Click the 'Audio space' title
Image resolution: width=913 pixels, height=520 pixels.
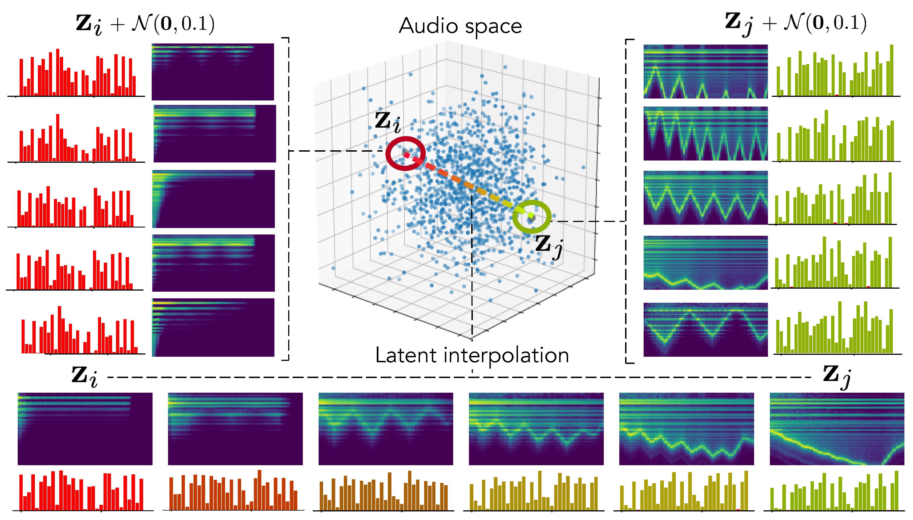(x=460, y=26)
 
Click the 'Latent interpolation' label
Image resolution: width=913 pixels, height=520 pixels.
(x=472, y=355)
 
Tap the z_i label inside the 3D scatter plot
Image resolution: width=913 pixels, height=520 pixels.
(x=388, y=122)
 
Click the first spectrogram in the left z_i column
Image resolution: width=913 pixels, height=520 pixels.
(x=213, y=72)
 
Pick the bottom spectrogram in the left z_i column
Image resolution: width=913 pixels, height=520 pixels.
(x=213, y=327)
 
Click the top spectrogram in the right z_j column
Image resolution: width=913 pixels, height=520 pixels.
(x=705, y=71)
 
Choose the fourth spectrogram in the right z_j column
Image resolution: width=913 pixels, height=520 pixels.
(x=705, y=263)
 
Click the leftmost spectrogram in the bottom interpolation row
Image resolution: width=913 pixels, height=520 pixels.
(x=85, y=429)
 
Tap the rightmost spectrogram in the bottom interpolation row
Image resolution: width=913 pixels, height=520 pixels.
(x=837, y=429)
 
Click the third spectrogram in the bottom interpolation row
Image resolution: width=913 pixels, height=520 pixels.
(x=386, y=429)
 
